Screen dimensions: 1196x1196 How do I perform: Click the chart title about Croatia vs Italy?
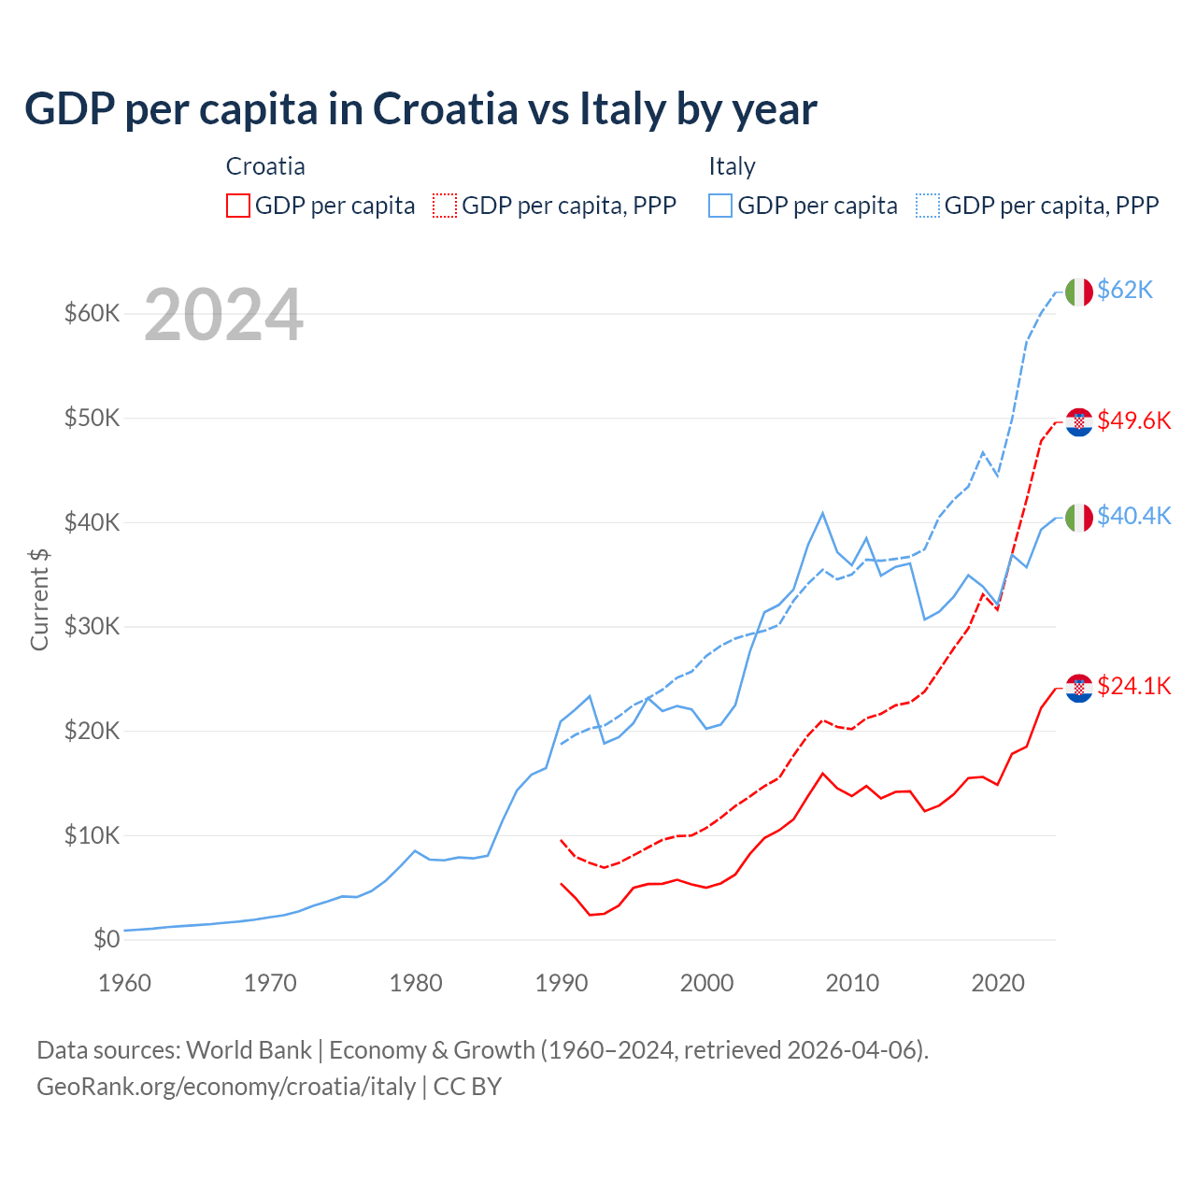point(420,109)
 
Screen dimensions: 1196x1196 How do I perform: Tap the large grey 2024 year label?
point(223,316)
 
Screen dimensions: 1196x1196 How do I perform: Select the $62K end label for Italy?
point(1125,291)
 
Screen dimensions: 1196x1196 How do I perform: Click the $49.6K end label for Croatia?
point(1133,421)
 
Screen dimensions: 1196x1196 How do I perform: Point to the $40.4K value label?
point(1133,517)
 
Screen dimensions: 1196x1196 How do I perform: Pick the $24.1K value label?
point(1133,687)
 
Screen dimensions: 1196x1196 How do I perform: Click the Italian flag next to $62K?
point(1079,292)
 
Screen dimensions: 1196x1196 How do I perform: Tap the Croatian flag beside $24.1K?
point(1079,689)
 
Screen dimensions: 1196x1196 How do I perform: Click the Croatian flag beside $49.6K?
point(1079,422)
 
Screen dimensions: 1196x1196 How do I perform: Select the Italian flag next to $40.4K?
point(1079,518)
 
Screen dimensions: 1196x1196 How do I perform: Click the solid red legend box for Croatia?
point(238,206)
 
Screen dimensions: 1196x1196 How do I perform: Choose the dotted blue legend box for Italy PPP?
point(928,206)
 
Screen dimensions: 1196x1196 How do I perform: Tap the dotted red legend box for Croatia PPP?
point(445,206)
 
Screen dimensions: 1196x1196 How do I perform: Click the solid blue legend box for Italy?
point(720,206)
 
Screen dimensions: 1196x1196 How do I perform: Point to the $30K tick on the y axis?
point(92,627)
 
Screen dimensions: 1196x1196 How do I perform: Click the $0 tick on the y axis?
point(107,940)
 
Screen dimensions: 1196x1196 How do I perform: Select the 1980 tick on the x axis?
point(416,983)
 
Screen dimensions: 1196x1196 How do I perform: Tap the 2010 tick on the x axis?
point(852,983)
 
